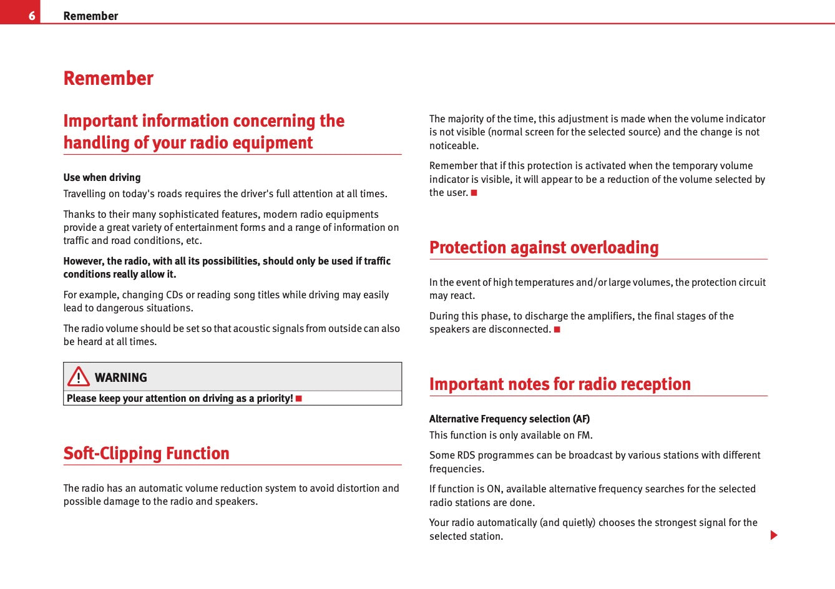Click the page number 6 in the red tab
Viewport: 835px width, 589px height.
[31, 16]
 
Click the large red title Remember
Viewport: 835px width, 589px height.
[108, 79]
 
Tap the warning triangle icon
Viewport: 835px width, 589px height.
[79, 377]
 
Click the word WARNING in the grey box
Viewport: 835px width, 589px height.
[121, 377]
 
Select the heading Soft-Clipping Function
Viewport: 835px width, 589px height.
[146, 453]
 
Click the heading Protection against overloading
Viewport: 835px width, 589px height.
[544, 248]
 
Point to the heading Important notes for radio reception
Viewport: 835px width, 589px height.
[560, 384]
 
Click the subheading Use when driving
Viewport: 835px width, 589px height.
[102, 178]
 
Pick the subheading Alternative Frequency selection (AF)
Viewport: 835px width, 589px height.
[509, 419]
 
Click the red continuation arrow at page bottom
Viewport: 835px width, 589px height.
[774, 535]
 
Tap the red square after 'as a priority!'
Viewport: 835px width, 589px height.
[299, 399]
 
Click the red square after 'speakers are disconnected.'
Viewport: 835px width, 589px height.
[557, 329]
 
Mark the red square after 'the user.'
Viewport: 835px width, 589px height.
[474, 193]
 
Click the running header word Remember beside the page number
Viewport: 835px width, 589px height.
[90, 16]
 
